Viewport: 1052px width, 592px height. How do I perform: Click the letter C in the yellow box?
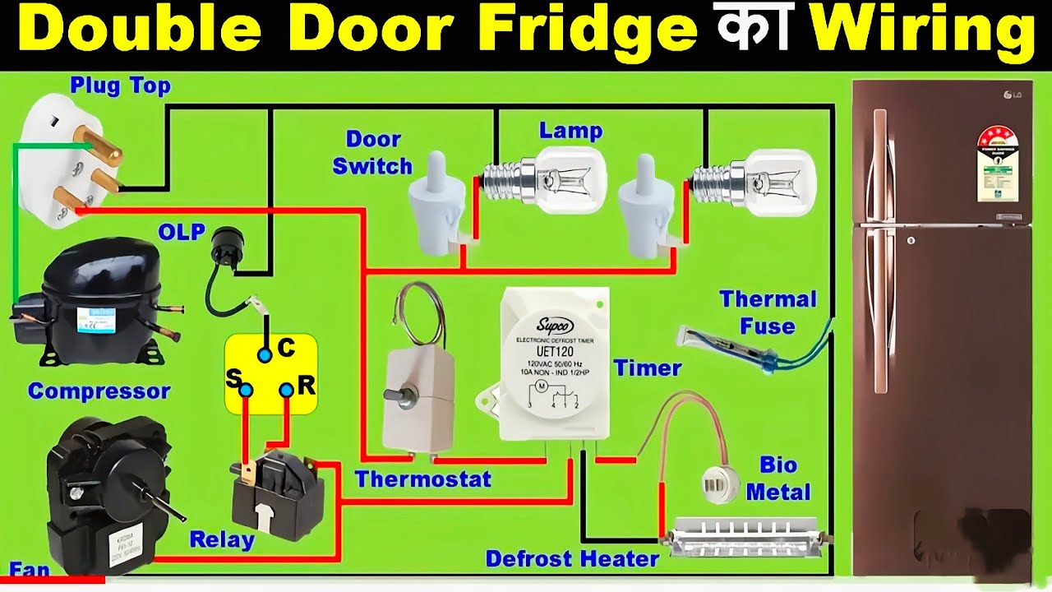pos(286,349)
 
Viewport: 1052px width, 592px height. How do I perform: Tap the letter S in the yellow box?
pos(233,380)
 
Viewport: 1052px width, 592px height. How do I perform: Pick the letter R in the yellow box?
pos(306,385)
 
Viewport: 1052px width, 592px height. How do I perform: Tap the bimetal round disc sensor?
pos(721,484)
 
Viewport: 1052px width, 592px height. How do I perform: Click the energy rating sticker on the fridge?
pos(998,164)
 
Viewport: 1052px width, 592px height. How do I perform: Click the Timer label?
pos(648,368)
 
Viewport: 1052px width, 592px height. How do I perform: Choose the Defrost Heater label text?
pos(572,560)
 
